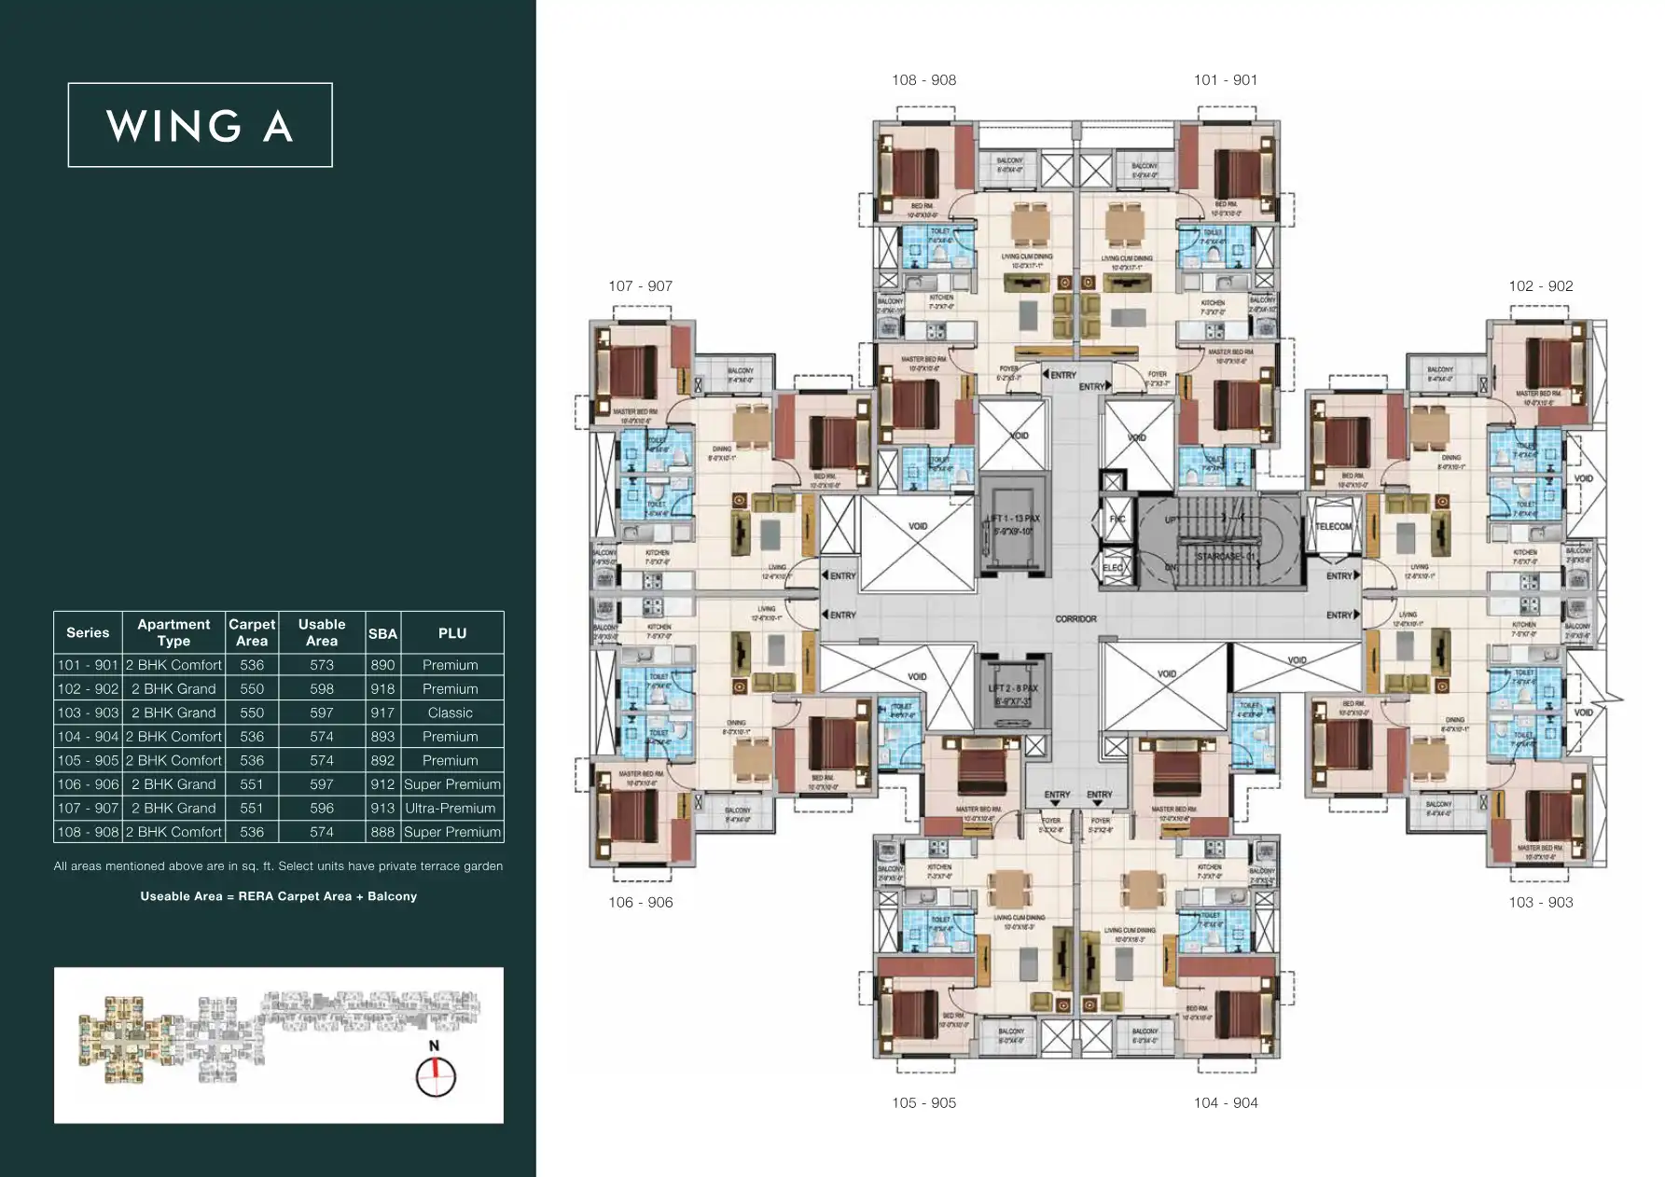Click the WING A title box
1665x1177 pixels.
pos(200,125)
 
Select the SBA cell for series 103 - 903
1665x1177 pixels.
pos(382,713)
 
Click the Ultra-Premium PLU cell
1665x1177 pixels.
pos(451,808)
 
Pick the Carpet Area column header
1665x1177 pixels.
pos(252,632)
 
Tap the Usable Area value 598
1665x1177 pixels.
pos(322,688)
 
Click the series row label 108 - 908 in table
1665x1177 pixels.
pos(88,832)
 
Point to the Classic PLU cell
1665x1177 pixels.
pos(451,713)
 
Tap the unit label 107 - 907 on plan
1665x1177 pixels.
pos(640,286)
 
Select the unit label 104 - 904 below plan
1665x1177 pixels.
pos(1226,1102)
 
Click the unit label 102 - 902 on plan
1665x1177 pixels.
pos(1541,286)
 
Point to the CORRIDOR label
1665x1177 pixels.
pos(1075,618)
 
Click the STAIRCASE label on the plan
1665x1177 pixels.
pos(1225,557)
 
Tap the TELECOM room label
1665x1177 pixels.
pos(1333,526)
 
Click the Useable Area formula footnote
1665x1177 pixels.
pos(278,896)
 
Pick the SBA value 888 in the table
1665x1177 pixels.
pos(382,832)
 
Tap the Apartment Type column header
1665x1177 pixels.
pos(173,632)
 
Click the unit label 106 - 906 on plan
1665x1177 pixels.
pos(640,902)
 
